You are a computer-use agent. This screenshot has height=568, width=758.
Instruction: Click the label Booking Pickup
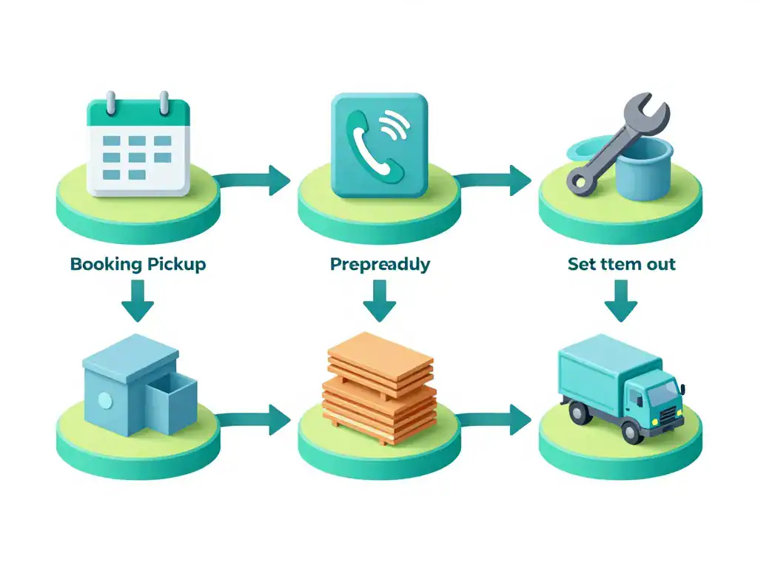tap(138, 264)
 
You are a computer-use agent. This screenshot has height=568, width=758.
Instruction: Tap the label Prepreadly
tap(380, 265)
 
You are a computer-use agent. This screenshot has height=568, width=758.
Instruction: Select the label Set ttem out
tap(622, 264)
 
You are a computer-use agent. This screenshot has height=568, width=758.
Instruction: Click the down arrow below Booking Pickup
tap(138, 301)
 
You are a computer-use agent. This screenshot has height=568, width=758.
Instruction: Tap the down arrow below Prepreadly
tap(380, 301)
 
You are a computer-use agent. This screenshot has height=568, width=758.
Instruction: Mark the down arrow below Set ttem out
tap(621, 301)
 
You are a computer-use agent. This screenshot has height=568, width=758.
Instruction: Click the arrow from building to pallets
tap(255, 420)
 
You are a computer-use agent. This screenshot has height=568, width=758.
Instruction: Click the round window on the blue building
tap(104, 401)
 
